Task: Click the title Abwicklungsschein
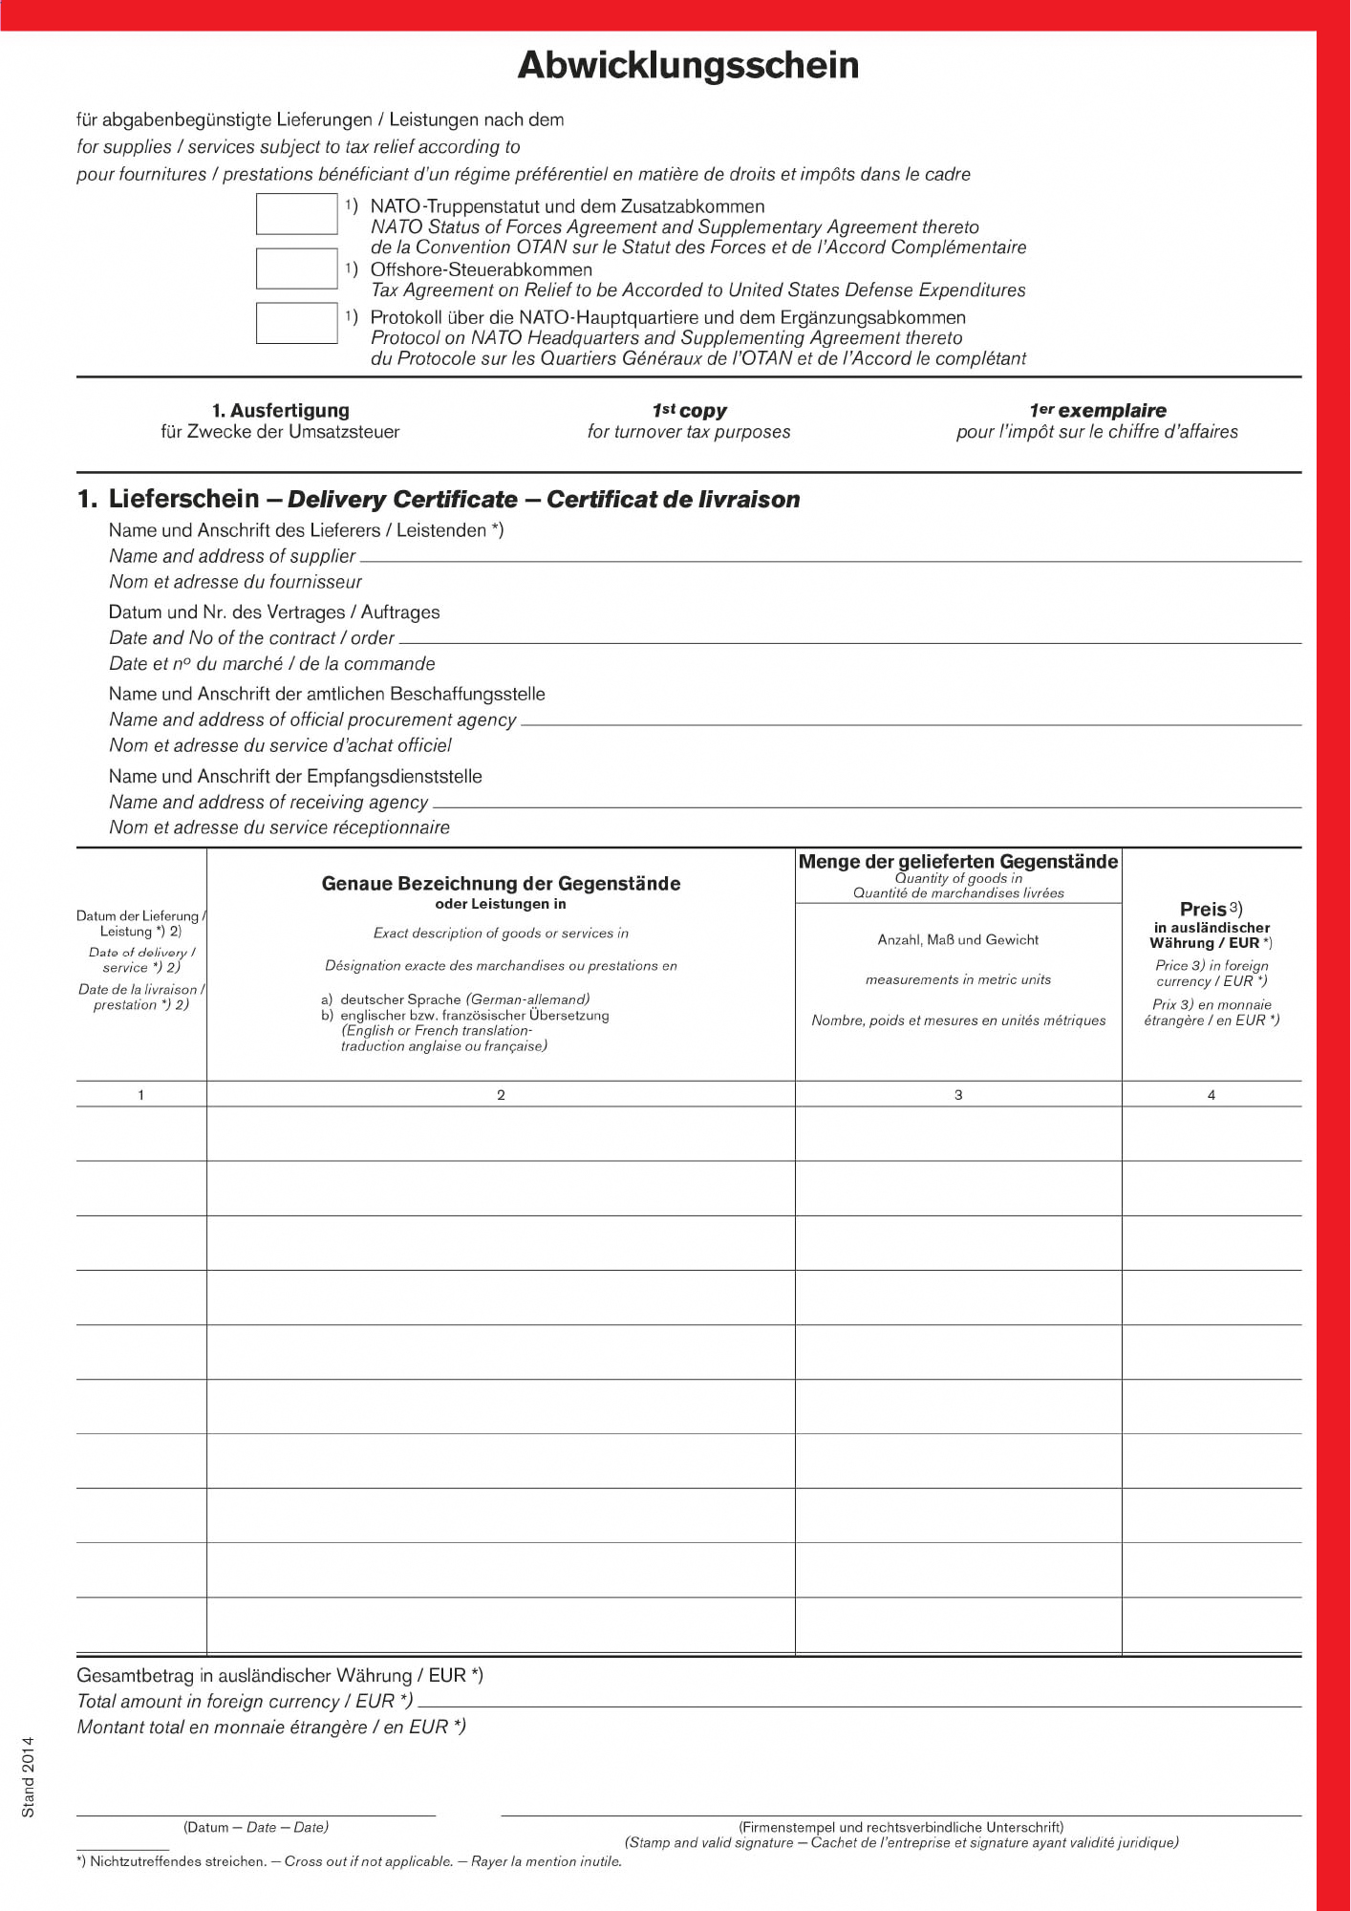tap(688, 65)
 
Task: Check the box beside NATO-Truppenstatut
tap(296, 214)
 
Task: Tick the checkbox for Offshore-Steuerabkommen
tap(296, 268)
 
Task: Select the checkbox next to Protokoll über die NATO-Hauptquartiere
tap(296, 323)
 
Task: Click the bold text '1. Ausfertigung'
tap(280, 411)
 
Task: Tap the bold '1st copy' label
tap(689, 411)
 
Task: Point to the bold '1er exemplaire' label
tap(1097, 411)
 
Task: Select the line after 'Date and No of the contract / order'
tap(850, 639)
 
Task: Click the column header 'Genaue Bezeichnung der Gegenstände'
tap(501, 884)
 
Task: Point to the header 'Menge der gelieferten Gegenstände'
tap(957, 862)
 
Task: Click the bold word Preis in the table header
tap(1203, 910)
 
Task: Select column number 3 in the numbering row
tap(958, 1095)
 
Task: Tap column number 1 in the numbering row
tap(141, 1095)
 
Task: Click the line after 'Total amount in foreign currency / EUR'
tap(860, 1704)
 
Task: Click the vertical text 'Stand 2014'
tap(28, 1776)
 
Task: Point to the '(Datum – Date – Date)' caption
tap(255, 1827)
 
